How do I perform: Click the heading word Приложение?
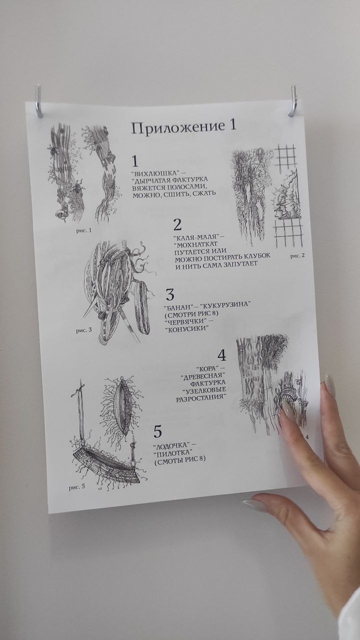176,129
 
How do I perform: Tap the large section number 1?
135,162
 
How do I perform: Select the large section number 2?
178,225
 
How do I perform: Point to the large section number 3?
170,294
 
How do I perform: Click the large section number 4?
221,355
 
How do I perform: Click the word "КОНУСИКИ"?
187,329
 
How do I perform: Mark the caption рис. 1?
84,230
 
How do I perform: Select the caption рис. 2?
298,255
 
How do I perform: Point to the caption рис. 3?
84,331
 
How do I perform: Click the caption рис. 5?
77,487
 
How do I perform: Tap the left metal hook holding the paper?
39,101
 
